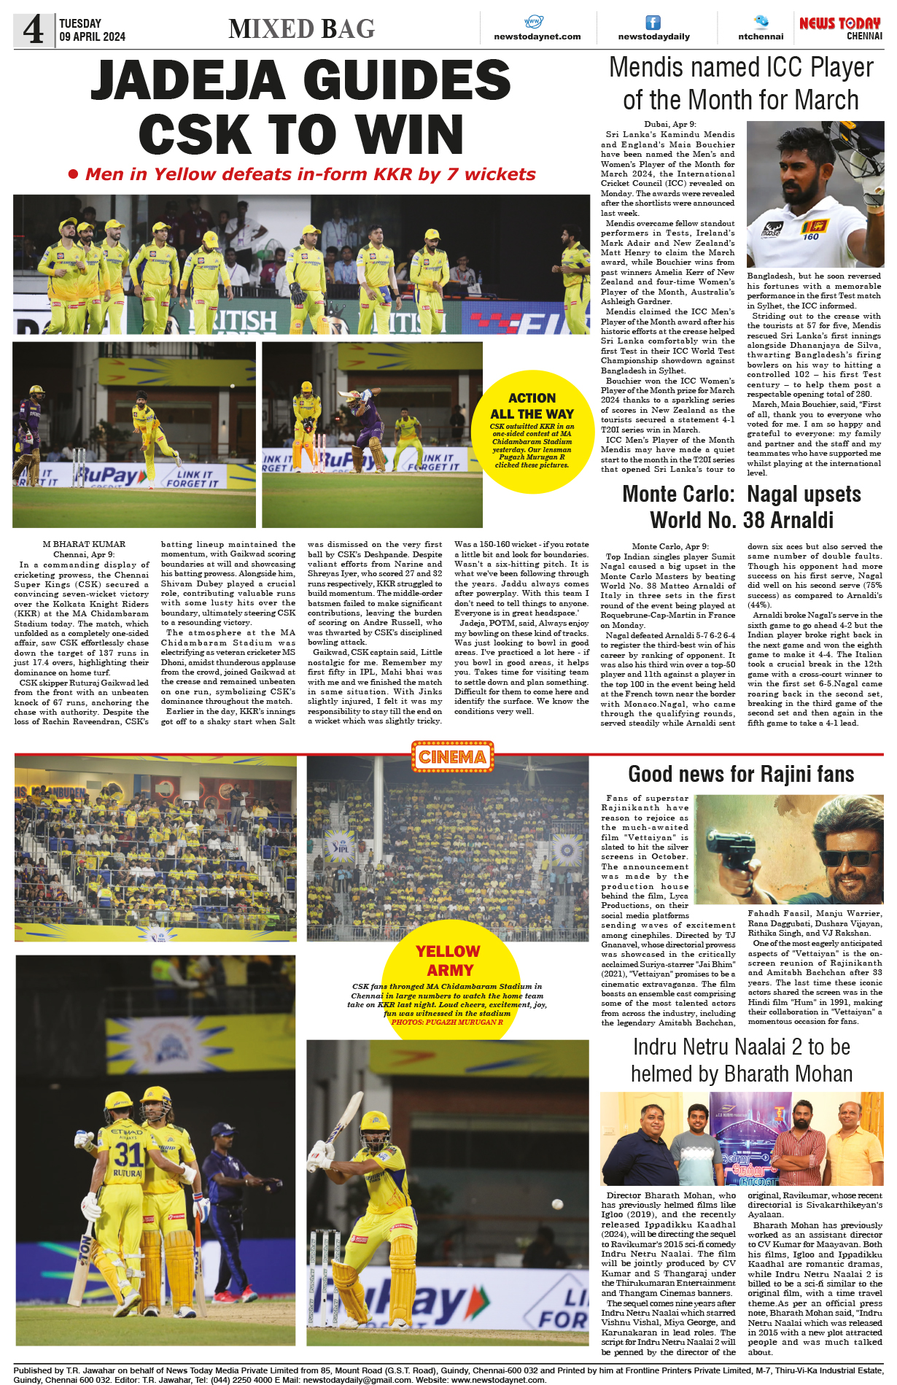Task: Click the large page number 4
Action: (34, 30)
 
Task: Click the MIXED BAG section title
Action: (301, 28)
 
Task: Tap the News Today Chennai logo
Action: (840, 28)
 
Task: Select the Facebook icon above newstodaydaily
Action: (653, 23)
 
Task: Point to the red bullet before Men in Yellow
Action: (73, 174)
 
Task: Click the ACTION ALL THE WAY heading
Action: (532, 406)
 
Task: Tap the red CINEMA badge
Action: (452, 757)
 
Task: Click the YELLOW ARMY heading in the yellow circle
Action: (448, 961)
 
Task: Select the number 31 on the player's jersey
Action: (128, 1154)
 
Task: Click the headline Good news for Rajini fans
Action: (741, 774)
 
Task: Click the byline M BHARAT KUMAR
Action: (84, 544)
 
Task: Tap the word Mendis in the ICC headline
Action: (645, 68)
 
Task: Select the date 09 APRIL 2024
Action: (93, 36)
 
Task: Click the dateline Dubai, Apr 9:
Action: (669, 125)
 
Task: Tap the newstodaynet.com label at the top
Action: (537, 36)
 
